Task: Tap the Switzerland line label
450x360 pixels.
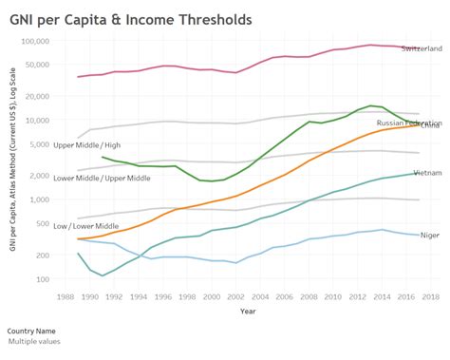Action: (x=421, y=48)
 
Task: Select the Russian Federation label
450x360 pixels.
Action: (x=408, y=123)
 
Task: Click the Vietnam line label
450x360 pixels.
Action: (x=426, y=173)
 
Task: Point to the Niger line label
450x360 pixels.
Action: (x=429, y=235)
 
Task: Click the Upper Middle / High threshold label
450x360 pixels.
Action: (x=87, y=144)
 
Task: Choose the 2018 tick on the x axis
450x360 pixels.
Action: (x=431, y=296)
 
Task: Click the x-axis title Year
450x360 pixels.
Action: (x=247, y=311)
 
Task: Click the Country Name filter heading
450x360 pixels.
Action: (x=33, y=331)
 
